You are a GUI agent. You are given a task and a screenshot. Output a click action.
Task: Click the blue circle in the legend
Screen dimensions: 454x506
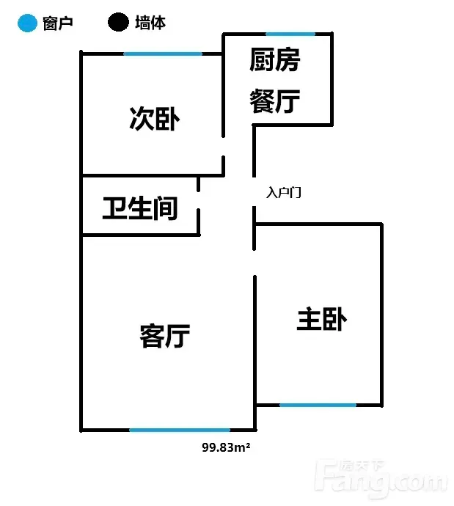pos(27,23)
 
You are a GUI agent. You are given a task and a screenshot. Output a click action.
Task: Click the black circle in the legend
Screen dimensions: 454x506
pos(118,22)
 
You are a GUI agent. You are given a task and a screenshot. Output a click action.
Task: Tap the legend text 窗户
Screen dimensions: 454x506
pos(58,23)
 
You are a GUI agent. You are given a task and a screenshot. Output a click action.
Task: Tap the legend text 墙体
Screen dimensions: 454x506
pos(150,23)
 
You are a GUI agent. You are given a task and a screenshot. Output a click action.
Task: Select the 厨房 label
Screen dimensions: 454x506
pos(274,59)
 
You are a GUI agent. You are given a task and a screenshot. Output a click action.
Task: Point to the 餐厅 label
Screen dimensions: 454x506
pos(274,101)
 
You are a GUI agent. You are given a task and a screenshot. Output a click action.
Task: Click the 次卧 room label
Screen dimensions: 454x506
pos(155,119)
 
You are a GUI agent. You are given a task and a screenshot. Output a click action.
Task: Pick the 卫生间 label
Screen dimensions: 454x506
pos(140,208)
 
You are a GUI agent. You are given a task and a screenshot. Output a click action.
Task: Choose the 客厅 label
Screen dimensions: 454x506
pos(165,336)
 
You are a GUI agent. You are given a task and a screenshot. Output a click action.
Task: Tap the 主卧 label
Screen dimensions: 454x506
pos(322,319)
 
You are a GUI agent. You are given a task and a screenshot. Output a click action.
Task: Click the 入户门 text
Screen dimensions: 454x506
pos(284,192)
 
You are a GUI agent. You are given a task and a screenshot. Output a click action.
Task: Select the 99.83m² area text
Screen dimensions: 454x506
pos(226,447)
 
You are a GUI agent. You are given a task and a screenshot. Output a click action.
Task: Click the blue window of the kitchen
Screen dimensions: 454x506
pos(290,34)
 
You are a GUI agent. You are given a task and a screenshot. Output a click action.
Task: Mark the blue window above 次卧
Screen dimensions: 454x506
pos(163,54)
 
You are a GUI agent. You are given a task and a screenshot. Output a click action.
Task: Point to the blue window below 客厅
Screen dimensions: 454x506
pos(180,430)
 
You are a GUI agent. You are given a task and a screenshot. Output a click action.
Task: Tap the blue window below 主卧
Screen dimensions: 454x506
pos(318,405)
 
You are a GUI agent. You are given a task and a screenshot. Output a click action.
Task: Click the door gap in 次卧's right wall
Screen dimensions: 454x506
pos(223,147)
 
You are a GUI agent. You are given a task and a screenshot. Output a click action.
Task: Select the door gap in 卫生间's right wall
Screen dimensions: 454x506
pos(199,200)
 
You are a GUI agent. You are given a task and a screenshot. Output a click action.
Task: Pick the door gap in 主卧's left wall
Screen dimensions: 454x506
pos(255,263)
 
